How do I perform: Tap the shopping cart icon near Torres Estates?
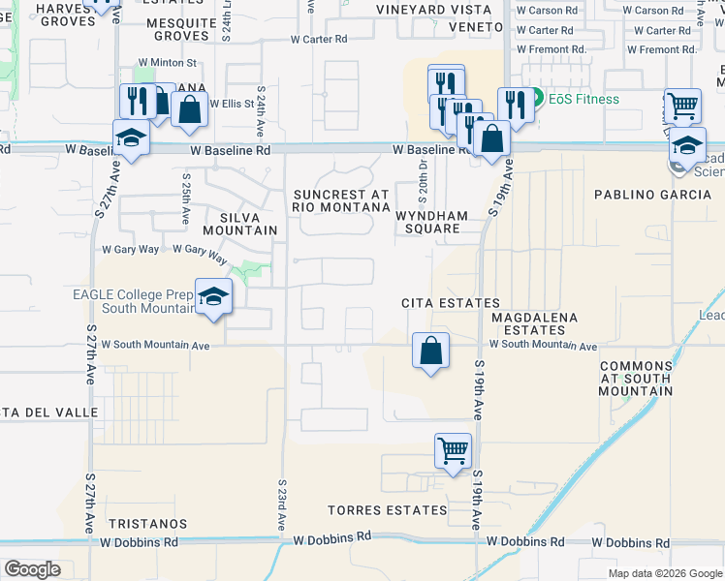pyautogui.click(x=453, y=451)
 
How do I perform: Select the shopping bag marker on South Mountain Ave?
pyautogui.click(x=431, y=351)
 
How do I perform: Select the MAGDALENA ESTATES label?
pyautogui.click(x=534, y=323)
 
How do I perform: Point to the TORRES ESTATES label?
pyautogui.click(x=373, y=510)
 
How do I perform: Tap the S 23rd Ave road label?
pyautogui.click(x=281, y=504)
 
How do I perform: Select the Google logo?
pyautogui.click(x=32, y=569)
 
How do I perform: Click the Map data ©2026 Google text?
pyautogui.click(x=664, y=573)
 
